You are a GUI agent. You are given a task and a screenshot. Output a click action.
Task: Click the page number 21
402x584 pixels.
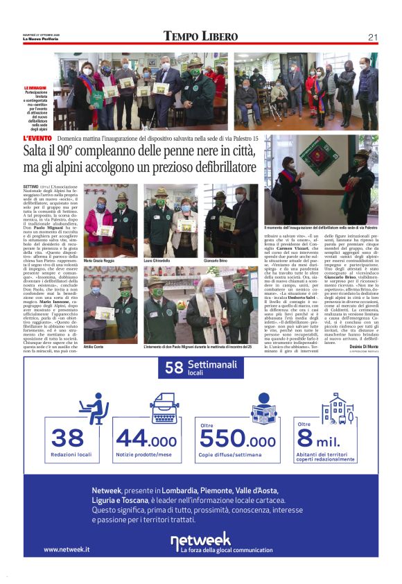pos(372,37)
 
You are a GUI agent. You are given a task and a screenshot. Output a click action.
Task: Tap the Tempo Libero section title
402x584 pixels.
pos(200,36)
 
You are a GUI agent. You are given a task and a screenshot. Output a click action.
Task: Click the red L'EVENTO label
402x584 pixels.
pos(37,139)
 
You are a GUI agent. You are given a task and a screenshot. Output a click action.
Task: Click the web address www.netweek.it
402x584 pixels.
pos(66,549)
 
